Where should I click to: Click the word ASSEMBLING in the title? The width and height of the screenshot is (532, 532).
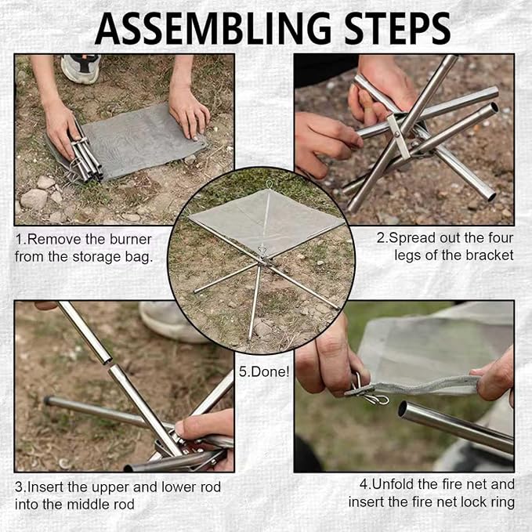point(213,28)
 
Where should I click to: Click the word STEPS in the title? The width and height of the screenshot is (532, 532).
point(397,28)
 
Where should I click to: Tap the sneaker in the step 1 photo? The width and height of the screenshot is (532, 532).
point(81,67)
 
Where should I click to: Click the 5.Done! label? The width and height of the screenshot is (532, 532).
point(264,372)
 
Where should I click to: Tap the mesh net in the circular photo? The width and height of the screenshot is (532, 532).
point(266,220)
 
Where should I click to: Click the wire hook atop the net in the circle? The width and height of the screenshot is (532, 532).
point(269,184)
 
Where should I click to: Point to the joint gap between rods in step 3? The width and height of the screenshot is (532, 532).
point(109,363)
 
